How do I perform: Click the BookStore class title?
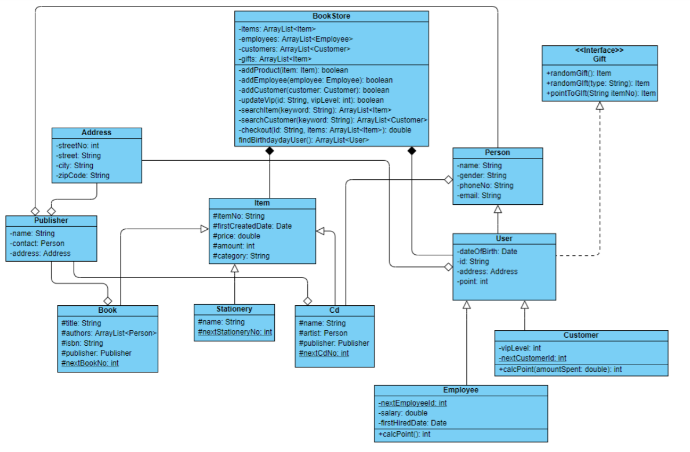tap(331, 16)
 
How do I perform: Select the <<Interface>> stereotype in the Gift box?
tap(600, 50)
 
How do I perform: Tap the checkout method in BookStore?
tap(325, 130)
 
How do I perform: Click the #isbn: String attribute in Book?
tap(82, 343)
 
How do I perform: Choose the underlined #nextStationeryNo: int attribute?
tap(235, 332)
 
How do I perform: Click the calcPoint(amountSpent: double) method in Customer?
tap(560, 369)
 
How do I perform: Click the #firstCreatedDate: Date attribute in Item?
tap(252, 226)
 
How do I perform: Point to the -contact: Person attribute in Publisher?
tap(37, 243)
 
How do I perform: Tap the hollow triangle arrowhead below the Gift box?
tap(600, 106)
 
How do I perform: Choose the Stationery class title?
tap(234, 309)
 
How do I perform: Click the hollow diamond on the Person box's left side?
tap(448, 180)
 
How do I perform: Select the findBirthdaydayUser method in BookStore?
tap(304, 140)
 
